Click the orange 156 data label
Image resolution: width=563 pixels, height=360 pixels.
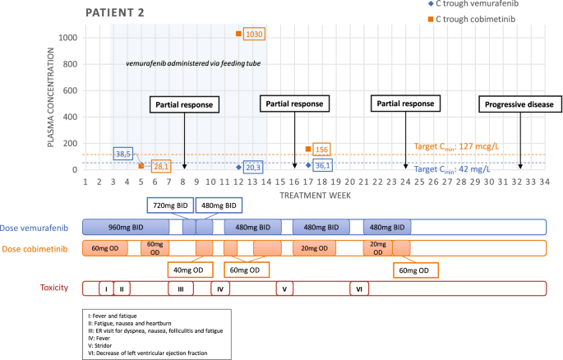321,150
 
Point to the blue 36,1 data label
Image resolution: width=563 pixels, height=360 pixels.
321,165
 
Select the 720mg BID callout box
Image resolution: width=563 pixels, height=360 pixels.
169,205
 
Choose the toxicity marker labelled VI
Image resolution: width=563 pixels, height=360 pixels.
359,288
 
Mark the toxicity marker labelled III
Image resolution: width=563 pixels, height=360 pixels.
180,288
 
